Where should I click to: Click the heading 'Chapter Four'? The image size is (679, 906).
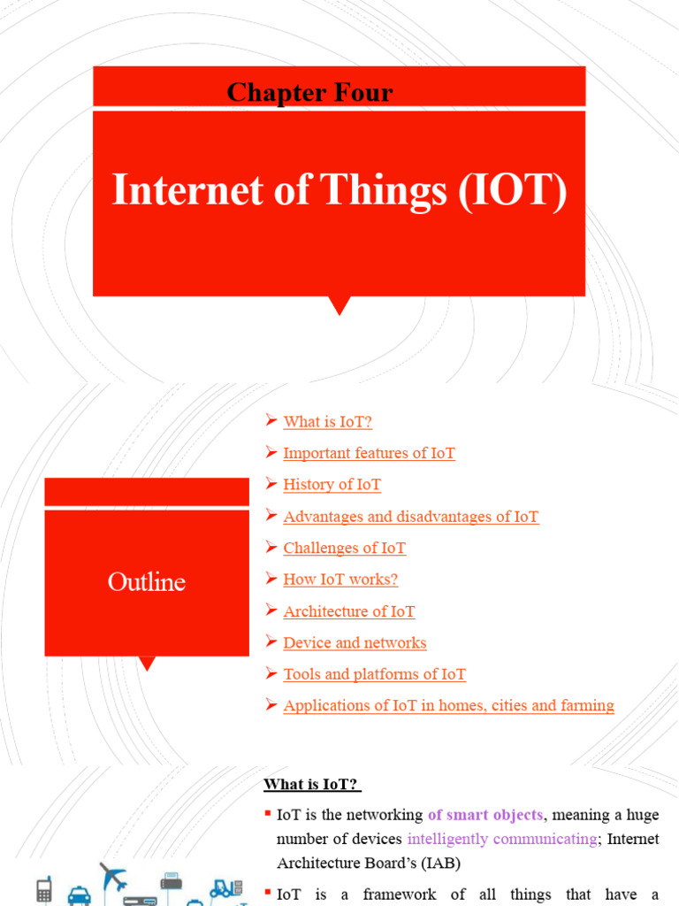coord(309,92)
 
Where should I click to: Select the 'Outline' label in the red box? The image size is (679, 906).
coord(147,582)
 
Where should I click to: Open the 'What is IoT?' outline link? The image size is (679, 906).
coord(327,422)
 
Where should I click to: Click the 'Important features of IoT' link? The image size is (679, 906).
coord(369,453)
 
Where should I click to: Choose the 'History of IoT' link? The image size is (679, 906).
coord(332,485)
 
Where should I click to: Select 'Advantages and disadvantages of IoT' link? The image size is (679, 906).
coord(410,517)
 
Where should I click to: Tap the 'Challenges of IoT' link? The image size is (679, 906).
coord(344,548)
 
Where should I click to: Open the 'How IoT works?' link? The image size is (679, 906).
coord(340,580)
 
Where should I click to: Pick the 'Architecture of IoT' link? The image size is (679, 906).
coord(348,611)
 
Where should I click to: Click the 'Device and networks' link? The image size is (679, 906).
coord(355,642)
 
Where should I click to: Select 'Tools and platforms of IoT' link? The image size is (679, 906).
coord(374,674)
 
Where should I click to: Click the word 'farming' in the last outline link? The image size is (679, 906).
coord(582,705)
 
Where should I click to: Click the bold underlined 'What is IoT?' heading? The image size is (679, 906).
coord(313,785)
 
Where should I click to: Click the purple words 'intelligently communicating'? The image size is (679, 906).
coord(500,839)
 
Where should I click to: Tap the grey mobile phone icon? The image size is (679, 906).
coord(42,892)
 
